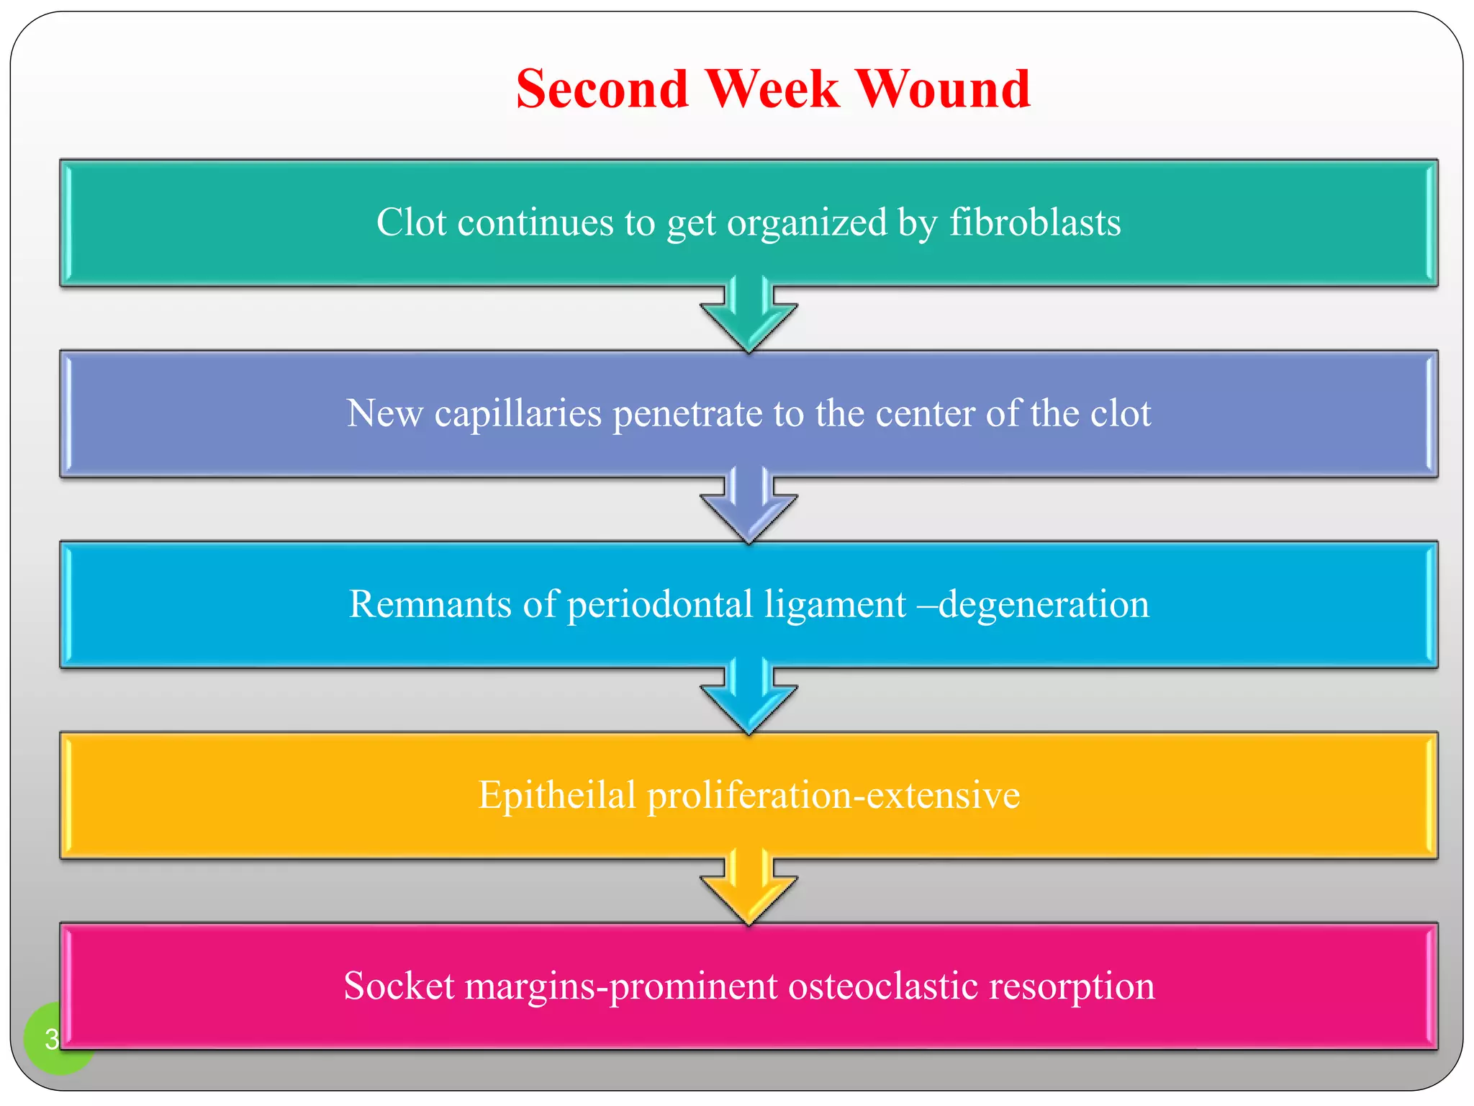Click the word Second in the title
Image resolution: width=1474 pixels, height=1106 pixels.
pos(602,89)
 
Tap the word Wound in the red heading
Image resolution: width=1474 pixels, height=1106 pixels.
pos(944,89)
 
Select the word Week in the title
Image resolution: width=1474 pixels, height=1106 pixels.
pos(772,89)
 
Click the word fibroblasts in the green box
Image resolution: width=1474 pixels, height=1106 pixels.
pos(1034,222)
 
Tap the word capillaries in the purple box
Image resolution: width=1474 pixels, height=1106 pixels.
pos(517,414)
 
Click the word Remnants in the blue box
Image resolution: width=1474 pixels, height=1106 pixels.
pos(430,604)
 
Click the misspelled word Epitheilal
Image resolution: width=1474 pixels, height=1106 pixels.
pos(556,796)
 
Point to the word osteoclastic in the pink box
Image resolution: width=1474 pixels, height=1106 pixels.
pos(883,986)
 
